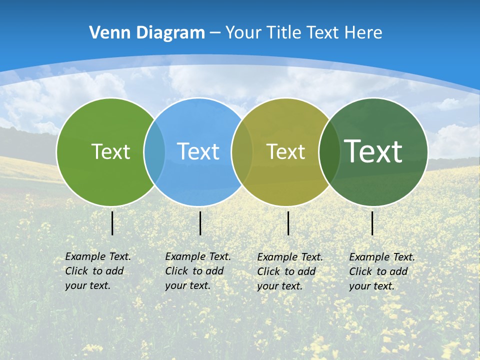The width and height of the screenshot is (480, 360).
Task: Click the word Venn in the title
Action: point(105,33)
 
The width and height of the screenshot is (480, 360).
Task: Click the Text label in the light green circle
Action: point(110,151)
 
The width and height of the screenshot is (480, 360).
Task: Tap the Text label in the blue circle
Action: point(198,151)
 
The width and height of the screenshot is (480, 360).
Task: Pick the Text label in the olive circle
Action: point(285,151)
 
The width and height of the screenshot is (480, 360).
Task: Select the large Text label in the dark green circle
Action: point(373,151)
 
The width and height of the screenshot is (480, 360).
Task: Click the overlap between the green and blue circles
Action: point(154,152)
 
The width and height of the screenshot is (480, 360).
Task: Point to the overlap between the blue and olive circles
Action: point(242,152)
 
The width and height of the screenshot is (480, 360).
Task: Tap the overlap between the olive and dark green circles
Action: point(329,152)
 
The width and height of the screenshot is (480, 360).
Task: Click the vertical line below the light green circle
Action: point(112,223)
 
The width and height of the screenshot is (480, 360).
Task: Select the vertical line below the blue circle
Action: point(200,223)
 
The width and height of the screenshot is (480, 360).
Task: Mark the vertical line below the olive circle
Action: point(288,223)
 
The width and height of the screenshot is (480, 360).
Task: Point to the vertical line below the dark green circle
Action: point(372,223)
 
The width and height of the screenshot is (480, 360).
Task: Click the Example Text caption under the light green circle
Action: point(97,271)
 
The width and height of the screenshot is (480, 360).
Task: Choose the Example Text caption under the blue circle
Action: point(197,271)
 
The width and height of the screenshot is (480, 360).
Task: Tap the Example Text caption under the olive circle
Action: point(289,271)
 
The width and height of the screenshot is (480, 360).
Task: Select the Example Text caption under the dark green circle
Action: point(381,271)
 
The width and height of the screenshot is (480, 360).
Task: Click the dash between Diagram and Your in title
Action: point(215,33)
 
